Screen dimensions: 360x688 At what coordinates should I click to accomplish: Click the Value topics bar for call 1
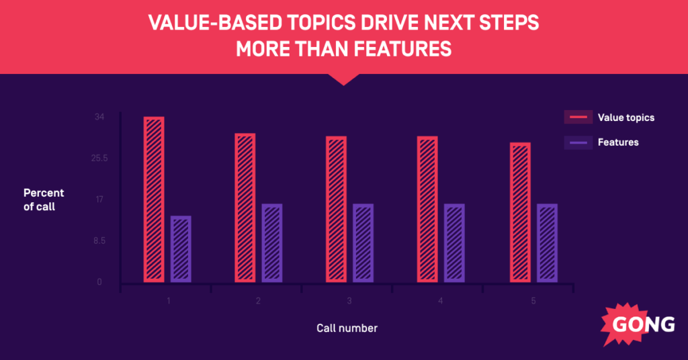(x=154, y=199)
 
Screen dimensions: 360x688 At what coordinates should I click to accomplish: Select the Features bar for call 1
(x=181, y=249)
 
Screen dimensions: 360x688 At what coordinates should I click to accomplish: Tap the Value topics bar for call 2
(x=245, y=208)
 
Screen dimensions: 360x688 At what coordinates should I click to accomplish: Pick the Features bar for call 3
(x=363, y=242)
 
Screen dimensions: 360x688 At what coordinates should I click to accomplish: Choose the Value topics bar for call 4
(x=427, y=209)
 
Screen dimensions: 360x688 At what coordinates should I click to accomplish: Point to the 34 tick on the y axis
(x=99, y=117)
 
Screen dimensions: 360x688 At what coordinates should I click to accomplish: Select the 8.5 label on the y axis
(x=99, y=240)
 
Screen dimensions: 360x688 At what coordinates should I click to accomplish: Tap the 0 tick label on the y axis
(x=99, y=282)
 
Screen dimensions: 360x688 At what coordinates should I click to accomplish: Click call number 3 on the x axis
(x=349, y=301)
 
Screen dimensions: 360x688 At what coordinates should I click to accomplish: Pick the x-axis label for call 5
(x=533, y=301)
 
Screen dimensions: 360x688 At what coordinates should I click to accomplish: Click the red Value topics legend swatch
(x=578, y=118)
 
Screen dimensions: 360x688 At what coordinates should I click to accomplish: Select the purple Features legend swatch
(x=578, y=142)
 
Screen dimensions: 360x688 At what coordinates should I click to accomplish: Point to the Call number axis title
(x=347, y=328)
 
